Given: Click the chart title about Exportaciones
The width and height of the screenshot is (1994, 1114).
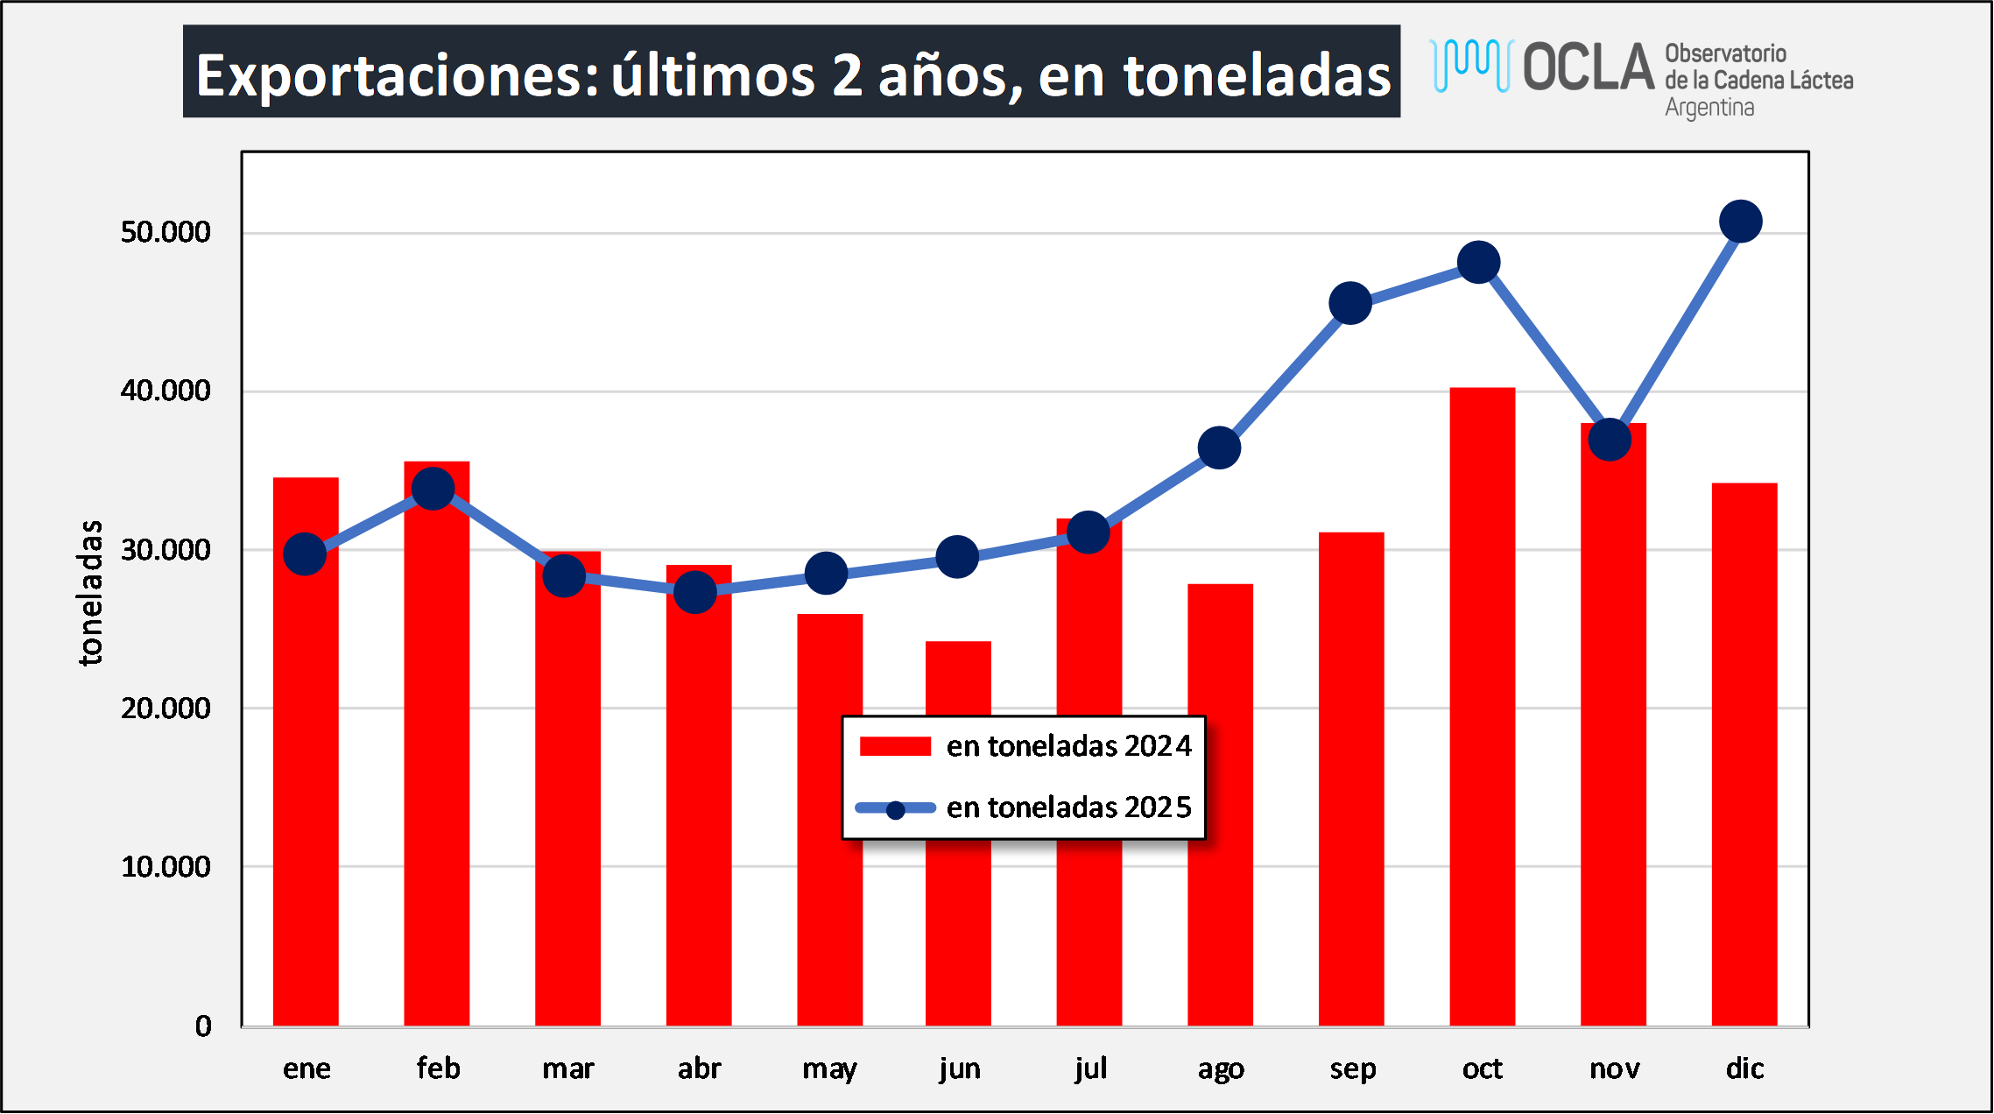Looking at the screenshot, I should click(792, 74).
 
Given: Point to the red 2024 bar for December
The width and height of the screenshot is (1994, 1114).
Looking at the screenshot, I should click(1744, 753).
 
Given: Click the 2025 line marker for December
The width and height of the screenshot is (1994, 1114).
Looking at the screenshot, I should click(1741, 222).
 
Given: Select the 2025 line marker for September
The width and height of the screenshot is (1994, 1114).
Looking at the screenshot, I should click(1350, 303).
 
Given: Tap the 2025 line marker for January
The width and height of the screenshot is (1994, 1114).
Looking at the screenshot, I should click(305, 553).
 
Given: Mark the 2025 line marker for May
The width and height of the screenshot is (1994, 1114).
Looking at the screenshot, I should click(826, 574).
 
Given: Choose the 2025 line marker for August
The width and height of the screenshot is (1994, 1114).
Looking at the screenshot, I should click(1219, 448).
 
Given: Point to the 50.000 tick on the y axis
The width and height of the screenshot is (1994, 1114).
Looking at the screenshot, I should click(166, 232).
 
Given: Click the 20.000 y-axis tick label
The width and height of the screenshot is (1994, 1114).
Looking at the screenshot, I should click(166, 709).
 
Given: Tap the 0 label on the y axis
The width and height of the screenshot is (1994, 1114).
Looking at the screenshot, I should click(203, 1026).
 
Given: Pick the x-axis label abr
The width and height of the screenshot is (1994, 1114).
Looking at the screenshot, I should click(699, 1068).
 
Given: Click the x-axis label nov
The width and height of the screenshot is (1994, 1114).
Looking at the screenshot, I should click(1614, 1068).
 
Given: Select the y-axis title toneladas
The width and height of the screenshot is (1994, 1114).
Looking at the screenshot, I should click(91, 593).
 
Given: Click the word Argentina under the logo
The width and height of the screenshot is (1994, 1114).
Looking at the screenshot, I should click(1709, 108).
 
